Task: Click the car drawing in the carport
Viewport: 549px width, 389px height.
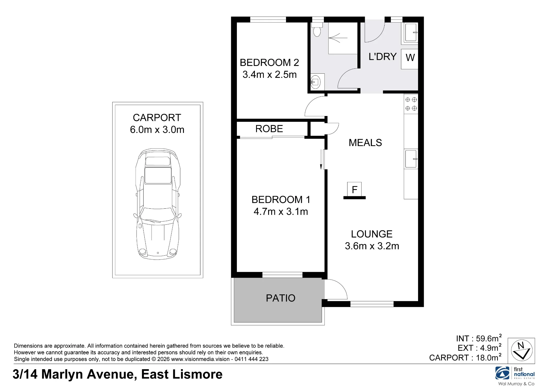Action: tap(158, 204)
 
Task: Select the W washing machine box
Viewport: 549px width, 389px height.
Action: tap(410, 59)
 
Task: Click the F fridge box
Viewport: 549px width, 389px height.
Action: tap(354, 189)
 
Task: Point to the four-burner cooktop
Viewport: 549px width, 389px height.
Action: tap(411, 104)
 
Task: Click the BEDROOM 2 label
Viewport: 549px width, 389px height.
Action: tap(269, 63)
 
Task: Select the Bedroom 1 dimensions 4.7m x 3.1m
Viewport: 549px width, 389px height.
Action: tap(281, 211)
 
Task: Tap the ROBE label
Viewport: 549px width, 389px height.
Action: tap(269, 129)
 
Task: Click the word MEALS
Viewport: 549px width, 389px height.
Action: tap(365, 143)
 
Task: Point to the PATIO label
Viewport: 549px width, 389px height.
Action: tap(281, 298)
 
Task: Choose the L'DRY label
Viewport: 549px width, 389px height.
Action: tap(382, 57)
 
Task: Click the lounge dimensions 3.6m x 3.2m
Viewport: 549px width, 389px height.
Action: tap(372, 246)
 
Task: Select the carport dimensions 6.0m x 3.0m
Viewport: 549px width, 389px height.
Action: tap(157, 129)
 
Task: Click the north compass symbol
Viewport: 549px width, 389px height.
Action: tap(521, 351)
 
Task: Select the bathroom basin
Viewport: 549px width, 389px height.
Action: tap(315, 82)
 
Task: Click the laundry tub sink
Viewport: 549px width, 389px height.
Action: tap(410, 32)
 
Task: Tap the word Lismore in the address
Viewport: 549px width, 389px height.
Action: tap(195, 374)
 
